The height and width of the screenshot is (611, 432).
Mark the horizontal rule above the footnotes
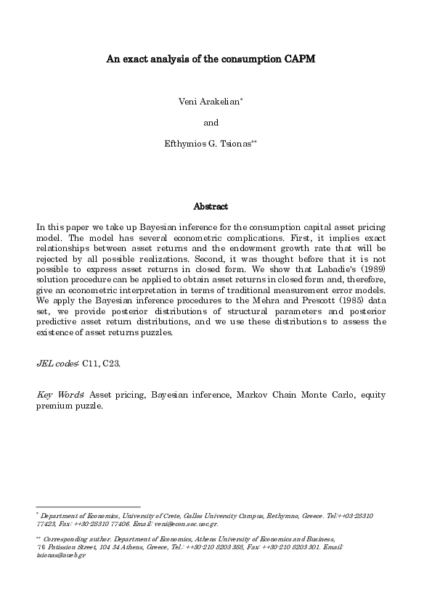[88, 507]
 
